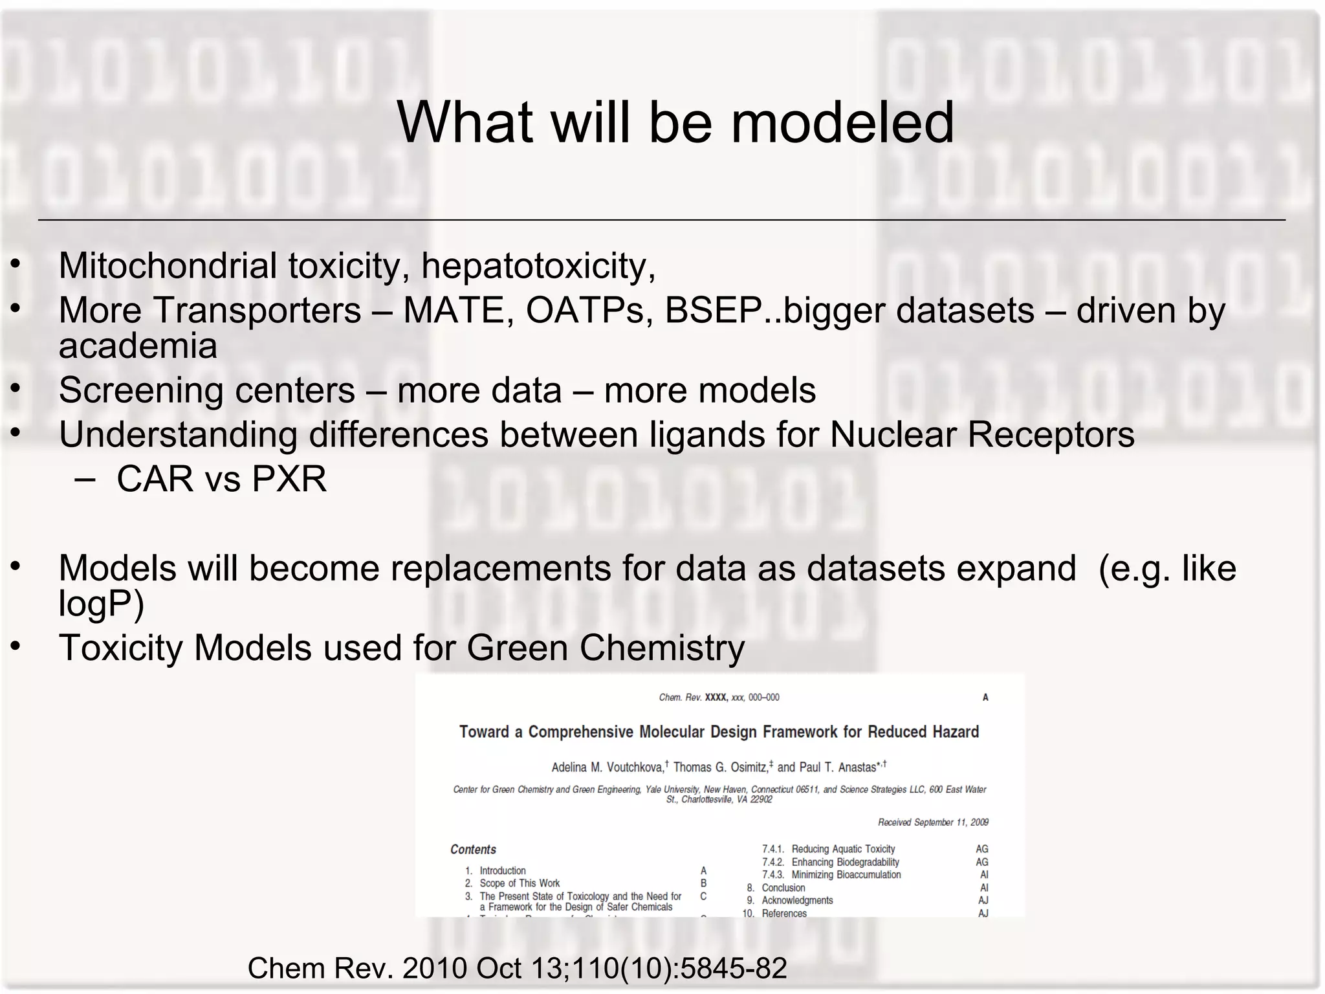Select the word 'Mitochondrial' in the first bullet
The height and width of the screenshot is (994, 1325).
click(168, 266)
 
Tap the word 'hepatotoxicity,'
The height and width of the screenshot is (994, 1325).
click(538, 266)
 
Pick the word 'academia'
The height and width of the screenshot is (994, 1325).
click(138, 346)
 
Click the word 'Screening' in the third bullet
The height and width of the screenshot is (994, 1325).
click(142, 390)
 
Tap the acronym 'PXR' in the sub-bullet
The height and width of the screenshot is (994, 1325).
click(289, 480)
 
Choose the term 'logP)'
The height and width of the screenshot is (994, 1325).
click(101, 604)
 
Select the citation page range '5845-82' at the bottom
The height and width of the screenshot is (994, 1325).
click(733, 968)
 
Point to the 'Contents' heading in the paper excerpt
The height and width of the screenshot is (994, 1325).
click(473, 850)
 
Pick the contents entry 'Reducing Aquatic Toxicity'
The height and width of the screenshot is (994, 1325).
click(843, 849)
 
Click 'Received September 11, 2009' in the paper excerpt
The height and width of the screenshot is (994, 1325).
click(932, 823)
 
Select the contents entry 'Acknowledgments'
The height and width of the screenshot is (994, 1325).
click(797, 900)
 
